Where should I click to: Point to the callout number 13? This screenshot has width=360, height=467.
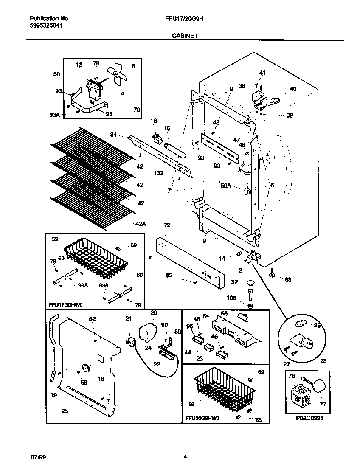point(79,65)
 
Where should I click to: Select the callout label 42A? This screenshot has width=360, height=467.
point(141,224)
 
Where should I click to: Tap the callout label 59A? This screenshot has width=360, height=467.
point(226,185)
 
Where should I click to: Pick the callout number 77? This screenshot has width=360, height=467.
point(323,404)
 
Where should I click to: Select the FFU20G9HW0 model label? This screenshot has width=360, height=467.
point(202,418)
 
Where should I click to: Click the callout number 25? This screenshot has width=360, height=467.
point(65,411)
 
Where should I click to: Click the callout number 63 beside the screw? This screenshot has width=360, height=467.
point(288,279)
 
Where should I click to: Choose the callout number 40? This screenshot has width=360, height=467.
point(293,89)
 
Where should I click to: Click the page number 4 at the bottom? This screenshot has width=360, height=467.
point(185,457)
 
